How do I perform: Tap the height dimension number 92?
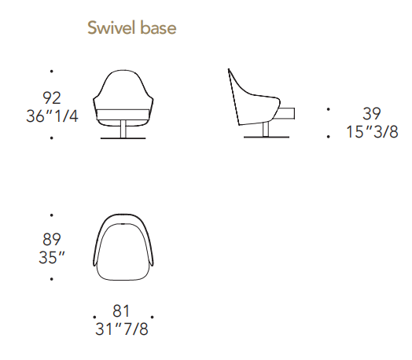coord(52,98)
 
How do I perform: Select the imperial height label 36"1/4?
coord(52,116)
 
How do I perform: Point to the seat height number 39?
coord(372,114)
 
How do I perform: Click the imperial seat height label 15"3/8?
coord(372,132)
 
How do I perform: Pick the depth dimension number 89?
coord(52,239)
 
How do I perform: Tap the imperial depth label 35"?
coord(52,257)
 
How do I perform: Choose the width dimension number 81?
coord(121,311)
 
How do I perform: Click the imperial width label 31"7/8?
coord(122,329)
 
